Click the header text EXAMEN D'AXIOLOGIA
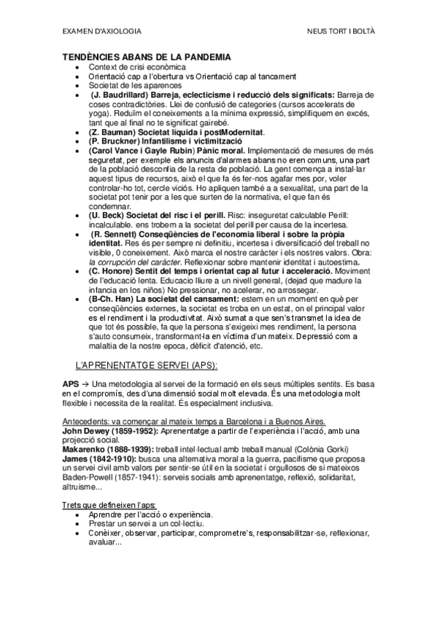101,32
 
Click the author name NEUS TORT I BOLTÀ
340,32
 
